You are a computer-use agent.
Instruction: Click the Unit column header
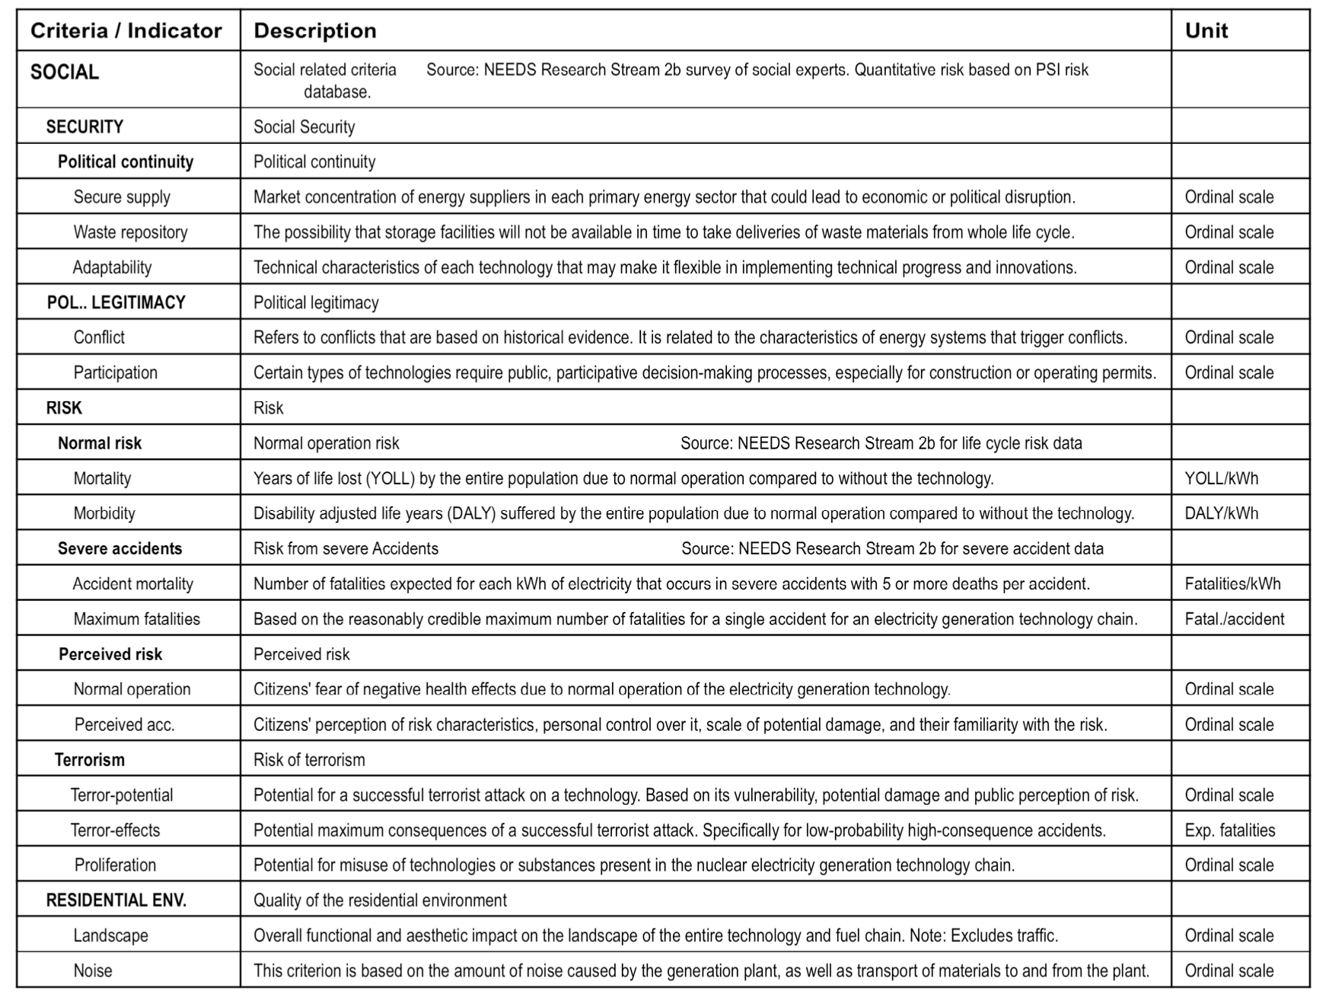1206,30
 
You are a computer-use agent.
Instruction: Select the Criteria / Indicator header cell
126,30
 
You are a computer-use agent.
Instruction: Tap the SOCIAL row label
65,72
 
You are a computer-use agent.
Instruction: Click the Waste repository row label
130,232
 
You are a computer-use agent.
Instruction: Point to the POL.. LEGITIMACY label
116,302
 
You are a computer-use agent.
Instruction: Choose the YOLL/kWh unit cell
1221,478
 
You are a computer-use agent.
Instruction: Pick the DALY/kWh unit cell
1221,513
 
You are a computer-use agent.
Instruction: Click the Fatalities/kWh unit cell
1232,584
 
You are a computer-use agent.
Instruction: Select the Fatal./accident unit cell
1234,619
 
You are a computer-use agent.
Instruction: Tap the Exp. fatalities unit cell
1229,830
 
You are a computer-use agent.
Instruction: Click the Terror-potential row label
122,795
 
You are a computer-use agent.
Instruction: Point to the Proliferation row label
115,865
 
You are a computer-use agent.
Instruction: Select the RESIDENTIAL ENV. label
116,900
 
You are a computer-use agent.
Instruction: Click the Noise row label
93,971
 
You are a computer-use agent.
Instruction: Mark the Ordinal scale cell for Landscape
1229,936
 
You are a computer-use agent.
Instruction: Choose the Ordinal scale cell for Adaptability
1229,267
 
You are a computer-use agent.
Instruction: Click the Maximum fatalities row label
136,619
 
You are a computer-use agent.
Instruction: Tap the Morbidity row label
104,513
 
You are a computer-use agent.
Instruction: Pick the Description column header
315,30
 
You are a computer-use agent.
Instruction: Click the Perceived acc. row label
124,725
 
